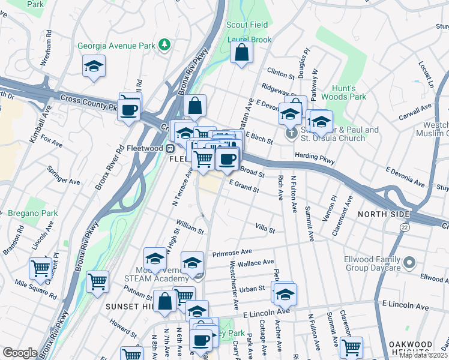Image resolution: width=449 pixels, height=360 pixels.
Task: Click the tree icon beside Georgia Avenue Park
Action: [164, 46]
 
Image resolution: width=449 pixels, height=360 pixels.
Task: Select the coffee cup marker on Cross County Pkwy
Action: [130, 109]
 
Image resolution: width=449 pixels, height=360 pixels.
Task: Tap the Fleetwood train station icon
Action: [170, 148]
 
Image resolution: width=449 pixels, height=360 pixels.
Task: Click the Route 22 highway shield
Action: [405, 227]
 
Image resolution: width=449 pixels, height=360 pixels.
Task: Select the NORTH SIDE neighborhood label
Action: [384, 214]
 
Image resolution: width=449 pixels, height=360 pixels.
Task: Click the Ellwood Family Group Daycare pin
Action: [409, 262]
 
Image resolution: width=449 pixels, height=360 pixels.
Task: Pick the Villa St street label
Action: [264, 229]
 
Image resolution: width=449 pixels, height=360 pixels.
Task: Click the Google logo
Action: [20, 353]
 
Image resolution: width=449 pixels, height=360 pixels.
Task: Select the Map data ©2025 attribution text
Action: [423, 355]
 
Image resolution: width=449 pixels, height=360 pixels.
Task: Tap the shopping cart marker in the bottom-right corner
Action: [351, 347]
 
